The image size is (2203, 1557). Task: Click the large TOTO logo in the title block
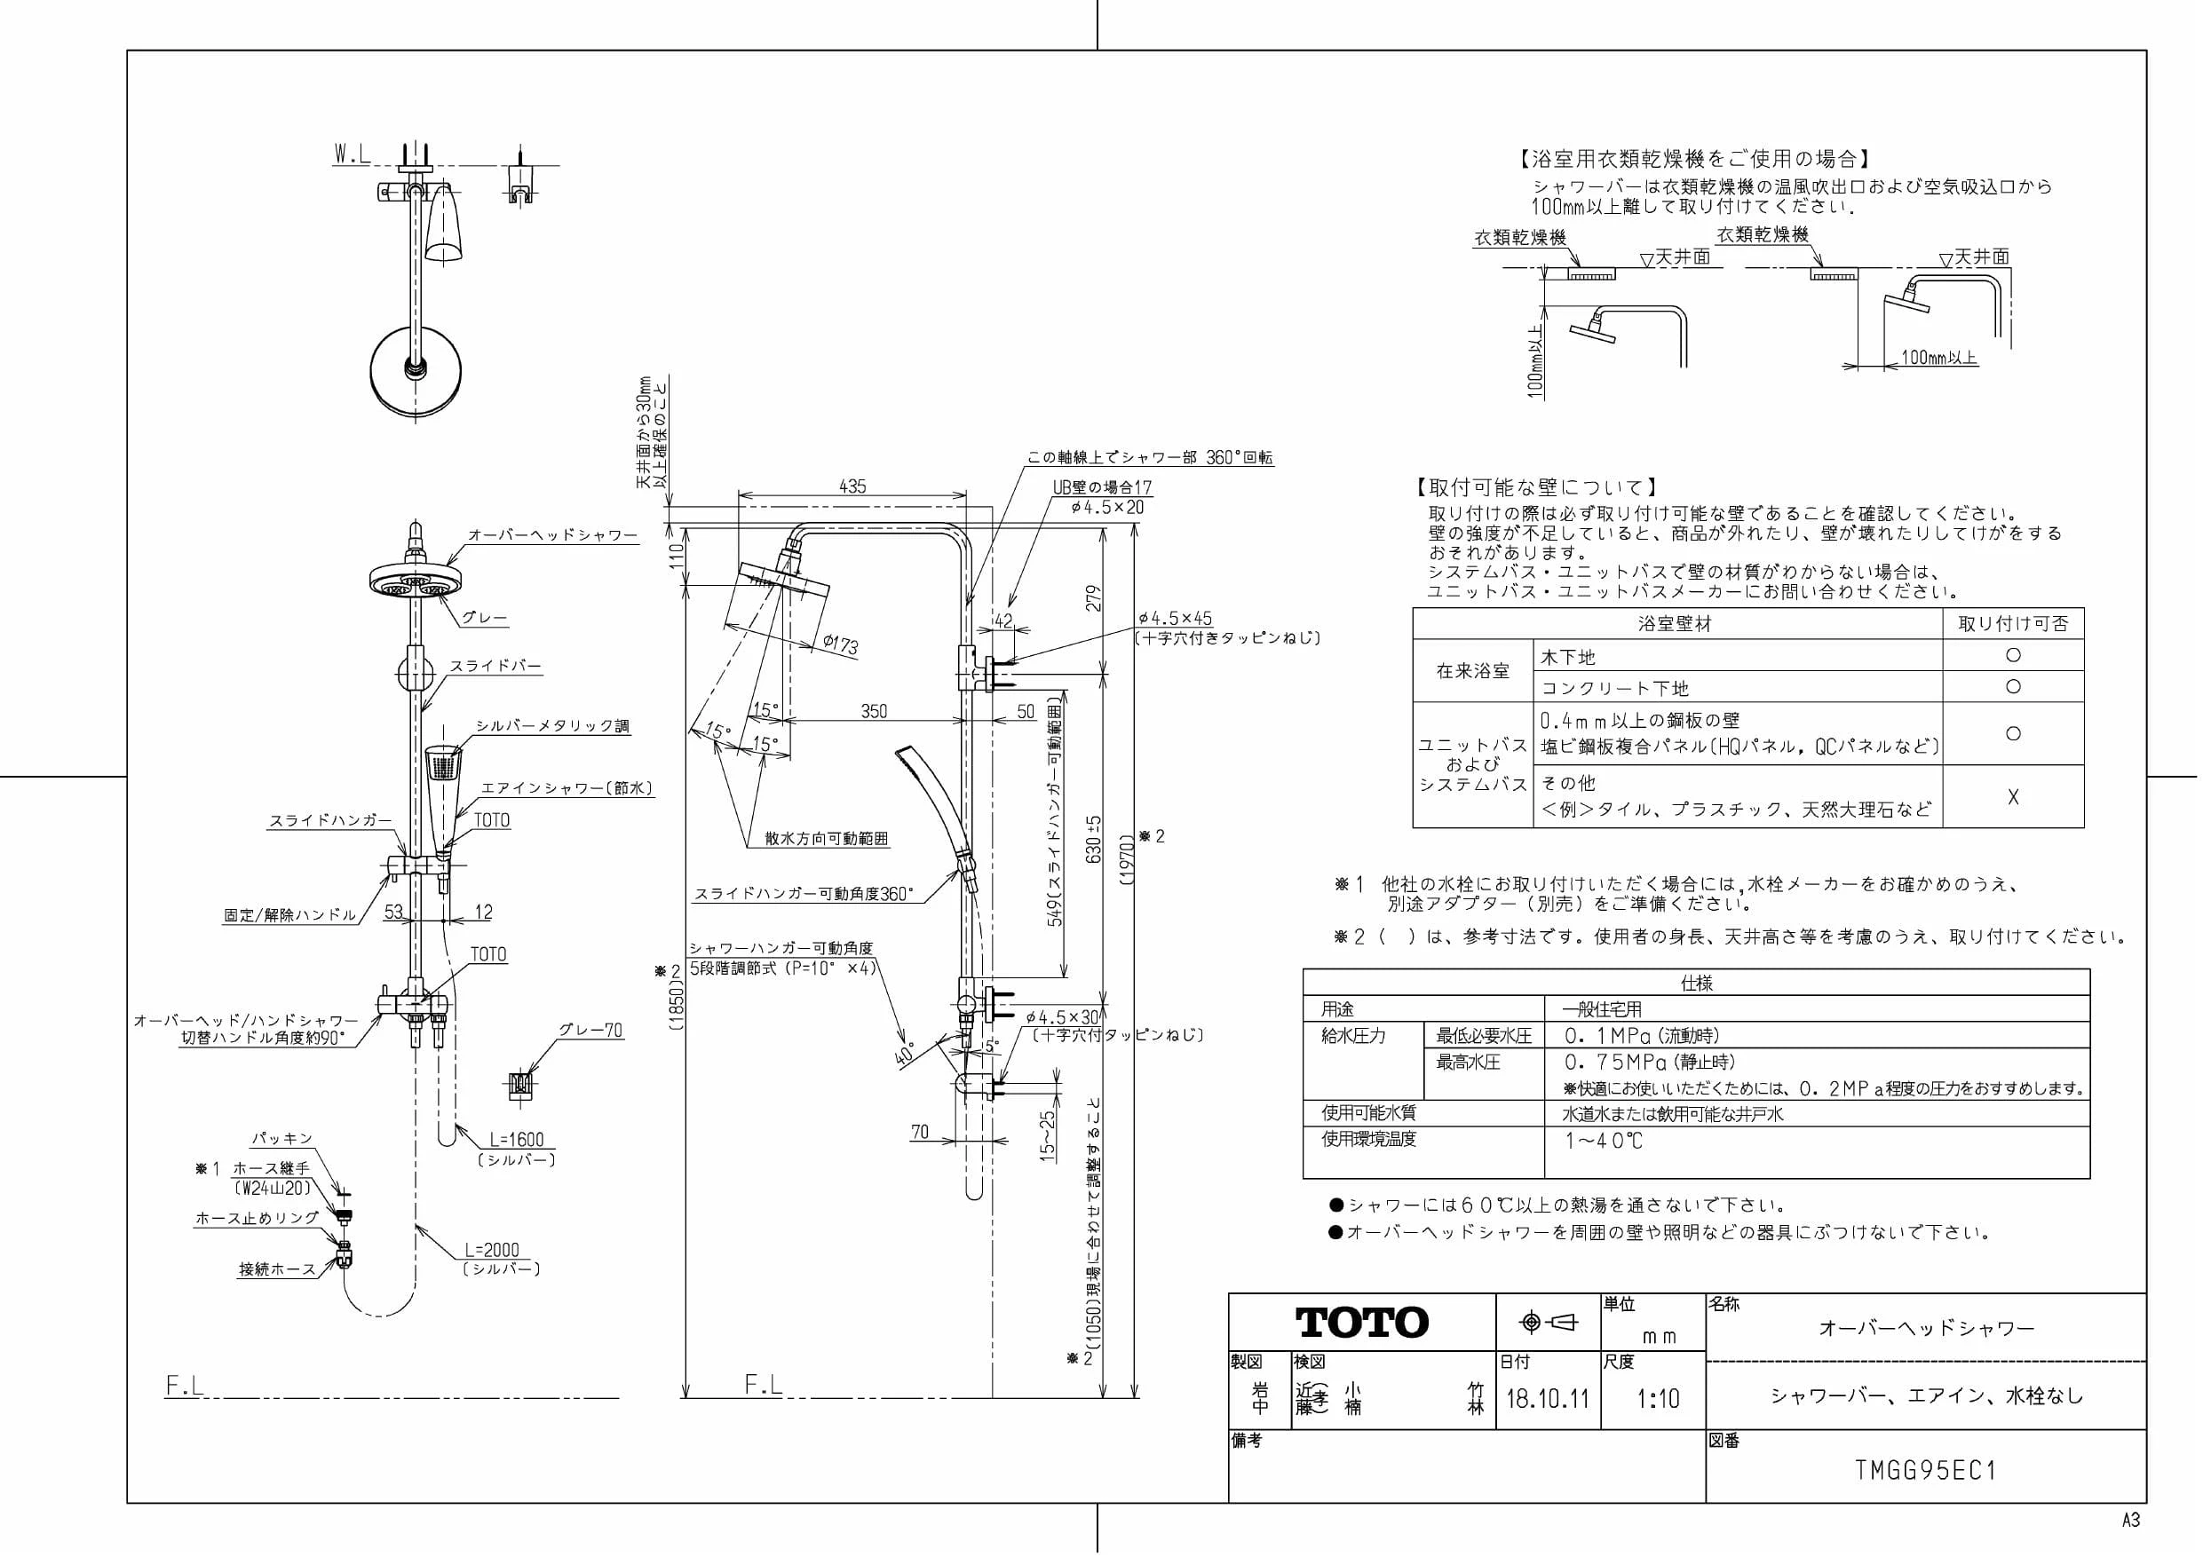(1362, 1322)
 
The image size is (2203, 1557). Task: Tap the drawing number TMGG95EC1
(1926, 1470)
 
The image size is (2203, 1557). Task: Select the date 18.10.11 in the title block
(1548, 1399)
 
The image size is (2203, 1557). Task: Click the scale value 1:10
(1658, 1399)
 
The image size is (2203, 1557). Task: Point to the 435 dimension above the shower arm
(852, 486)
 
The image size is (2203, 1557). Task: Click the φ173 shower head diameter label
(841, 643)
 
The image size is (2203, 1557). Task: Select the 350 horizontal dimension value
(874, 711)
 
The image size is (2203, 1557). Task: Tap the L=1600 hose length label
(516, 1140)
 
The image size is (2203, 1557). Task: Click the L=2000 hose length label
(491, 1250)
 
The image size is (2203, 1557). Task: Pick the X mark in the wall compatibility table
(2013, 796)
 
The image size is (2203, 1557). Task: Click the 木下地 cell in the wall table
(1567, 657)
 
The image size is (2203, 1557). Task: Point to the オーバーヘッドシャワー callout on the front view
(552, 535)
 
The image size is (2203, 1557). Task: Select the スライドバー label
(496, 666)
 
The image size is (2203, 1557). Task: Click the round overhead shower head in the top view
(416, 369)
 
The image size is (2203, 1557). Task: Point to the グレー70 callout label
(591, 1031)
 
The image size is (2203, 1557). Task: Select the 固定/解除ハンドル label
(289, 914)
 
